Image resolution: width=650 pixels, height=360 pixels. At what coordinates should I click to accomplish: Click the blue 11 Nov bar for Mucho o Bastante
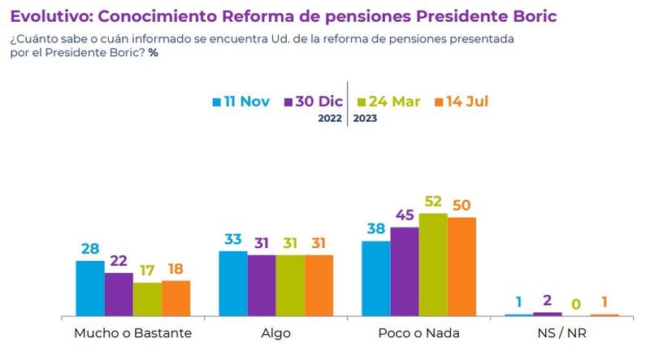(90, 288)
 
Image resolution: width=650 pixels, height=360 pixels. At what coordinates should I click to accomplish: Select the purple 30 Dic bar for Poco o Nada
(405, 271)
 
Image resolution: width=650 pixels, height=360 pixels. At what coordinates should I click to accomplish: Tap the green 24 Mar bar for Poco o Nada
(433, 265)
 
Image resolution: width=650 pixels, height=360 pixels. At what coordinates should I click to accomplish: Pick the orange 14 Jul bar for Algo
(318, 285)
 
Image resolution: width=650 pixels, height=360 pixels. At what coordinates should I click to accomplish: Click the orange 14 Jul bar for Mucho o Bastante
(175, 298)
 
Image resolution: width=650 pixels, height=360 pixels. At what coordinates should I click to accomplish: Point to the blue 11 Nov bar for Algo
(233, 284)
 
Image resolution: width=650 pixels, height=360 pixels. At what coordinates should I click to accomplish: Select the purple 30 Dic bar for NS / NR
(548, 314)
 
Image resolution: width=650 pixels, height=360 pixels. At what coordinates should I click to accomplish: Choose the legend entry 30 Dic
(313, 102)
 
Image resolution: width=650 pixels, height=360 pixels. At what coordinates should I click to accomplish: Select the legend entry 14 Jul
(461, 102)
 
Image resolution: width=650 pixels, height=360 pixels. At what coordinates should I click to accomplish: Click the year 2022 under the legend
(331, 119)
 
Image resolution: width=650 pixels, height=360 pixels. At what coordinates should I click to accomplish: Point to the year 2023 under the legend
(365, 119)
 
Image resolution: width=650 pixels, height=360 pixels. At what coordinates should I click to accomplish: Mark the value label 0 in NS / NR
(576, 305)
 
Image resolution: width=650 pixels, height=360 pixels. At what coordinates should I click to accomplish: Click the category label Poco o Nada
(418, 333)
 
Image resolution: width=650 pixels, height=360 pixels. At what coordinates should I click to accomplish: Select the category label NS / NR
(561, 333)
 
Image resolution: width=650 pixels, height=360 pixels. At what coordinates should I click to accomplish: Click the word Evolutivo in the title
(50, 16)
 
